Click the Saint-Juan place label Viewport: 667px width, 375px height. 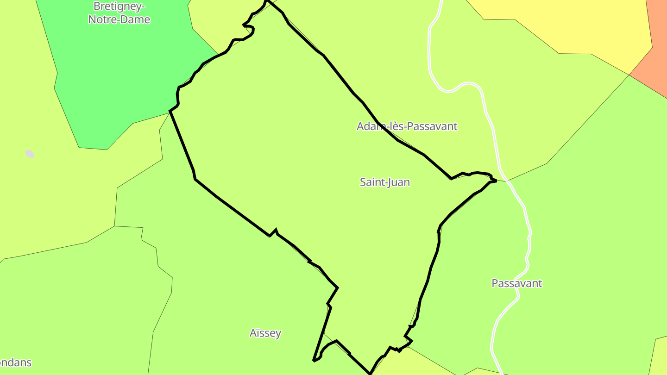[384, 182]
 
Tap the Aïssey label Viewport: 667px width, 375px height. [265, 333]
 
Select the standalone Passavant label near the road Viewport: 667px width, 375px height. [516, 283]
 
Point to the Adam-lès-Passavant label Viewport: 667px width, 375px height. [407, 126]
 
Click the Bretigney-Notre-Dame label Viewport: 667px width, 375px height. [119, 12]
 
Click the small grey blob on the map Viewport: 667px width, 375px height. [30, 154]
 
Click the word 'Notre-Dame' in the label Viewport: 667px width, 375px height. [119, 19]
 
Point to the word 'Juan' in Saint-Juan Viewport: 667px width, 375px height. [399, 182]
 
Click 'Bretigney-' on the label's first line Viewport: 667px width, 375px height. [119, 6]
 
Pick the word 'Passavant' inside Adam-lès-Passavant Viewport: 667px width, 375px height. [428, 126]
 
